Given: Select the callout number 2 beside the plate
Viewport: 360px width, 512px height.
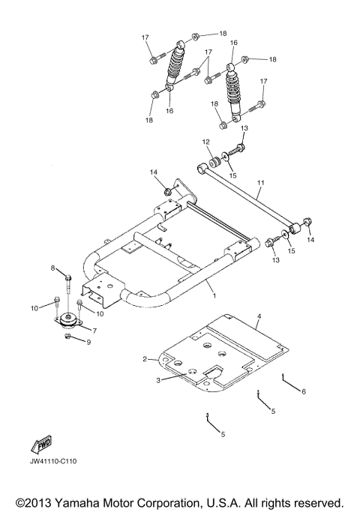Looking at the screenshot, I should (x=145, y=360).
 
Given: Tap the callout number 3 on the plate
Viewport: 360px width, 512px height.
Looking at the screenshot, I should (x=159, y=381).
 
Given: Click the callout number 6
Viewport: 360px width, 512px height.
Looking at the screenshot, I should (x=304, y=391).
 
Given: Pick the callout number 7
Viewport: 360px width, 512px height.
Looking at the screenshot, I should (x=94, y=330).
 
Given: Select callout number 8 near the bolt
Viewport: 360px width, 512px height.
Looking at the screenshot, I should (x=54, y=268).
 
